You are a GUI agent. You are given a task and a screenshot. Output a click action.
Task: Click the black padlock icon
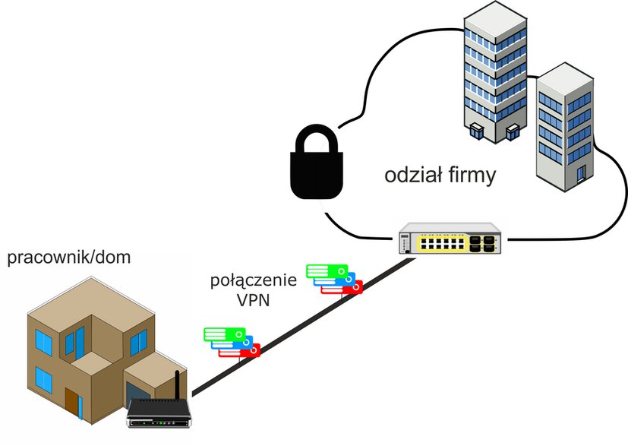(317, 163)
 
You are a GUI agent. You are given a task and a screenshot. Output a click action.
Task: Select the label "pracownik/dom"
(69, 258)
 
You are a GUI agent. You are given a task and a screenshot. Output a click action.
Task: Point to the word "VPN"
(254, 299)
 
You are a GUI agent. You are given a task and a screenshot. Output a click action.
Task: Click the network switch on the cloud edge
(450, 239)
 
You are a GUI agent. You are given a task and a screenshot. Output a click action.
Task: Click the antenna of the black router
(177, 385)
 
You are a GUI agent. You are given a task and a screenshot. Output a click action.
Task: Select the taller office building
(495, 72)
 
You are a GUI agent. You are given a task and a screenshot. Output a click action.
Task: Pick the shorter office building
(565, 127)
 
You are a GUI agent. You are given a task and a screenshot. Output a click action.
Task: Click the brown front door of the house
(72, 403)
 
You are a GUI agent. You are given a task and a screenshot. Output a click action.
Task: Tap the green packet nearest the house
(224, 334)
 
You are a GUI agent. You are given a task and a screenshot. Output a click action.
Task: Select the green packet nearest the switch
(327, 271)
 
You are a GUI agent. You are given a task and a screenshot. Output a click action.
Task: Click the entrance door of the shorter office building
(581, 174)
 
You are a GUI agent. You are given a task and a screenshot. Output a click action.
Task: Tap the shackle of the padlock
(317, 138)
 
